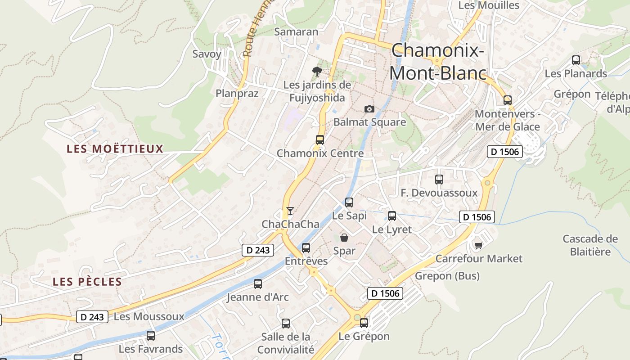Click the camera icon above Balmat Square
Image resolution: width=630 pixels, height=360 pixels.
click(x=369, y=109)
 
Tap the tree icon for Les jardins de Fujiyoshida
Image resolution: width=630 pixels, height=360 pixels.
click(x=317, y=71)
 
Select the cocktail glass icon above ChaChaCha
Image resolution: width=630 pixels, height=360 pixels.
click(x=290, y=211)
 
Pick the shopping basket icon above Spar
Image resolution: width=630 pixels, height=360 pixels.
click(x=344, y=237)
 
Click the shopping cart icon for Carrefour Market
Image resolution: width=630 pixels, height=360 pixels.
click(x=478, y=245)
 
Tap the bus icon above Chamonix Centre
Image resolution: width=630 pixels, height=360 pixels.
click(x=320, y=139)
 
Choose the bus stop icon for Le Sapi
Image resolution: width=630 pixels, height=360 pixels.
click(x=349, y=202)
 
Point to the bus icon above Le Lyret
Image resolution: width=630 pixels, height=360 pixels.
click(x=392, y=216)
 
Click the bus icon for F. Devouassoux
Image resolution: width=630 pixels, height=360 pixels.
click(x=439, y=180)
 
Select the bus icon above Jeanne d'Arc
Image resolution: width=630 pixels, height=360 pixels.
click(x=258, y=284)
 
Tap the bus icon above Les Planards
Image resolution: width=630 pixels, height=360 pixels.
click(x=576, y=60)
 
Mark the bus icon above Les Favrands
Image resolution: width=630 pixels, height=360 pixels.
click(x=151, y=336)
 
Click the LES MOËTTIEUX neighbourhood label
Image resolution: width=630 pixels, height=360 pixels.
click(x=115, y=149)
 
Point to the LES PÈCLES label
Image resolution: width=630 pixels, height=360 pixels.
click(x=87, y=282)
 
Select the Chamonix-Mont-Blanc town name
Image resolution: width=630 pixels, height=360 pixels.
click(x=438, y=61)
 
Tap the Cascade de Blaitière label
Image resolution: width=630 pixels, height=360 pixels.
click(x=590, y=245)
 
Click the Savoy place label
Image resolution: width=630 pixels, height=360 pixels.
click(x=207, y=54)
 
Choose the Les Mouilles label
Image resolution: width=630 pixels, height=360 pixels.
click(x=489, y=5)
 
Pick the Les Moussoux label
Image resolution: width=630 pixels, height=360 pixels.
click(x=149, y=316)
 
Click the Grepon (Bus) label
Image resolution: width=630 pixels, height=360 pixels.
click(x=447, y=276)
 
